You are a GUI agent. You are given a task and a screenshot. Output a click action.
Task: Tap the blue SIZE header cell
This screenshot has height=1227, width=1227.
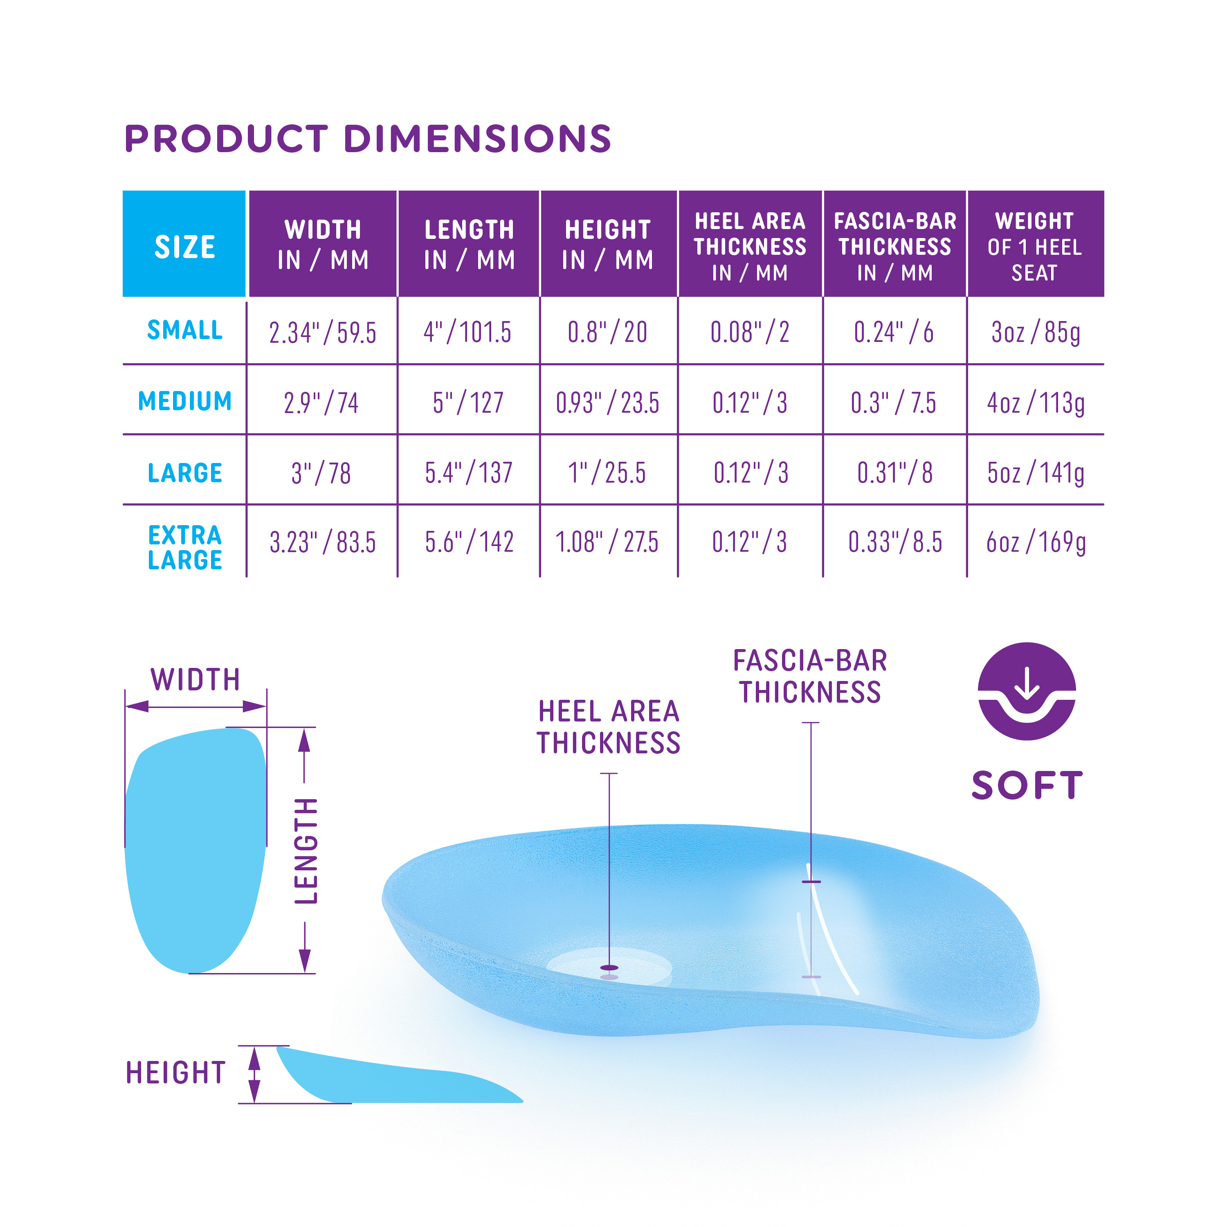(x=184, y=244)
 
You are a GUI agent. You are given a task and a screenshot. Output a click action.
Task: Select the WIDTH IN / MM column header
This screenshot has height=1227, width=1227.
(x=323, y=244)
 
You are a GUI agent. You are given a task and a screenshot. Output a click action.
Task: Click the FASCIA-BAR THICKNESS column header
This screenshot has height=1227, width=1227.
(x=895, y=246)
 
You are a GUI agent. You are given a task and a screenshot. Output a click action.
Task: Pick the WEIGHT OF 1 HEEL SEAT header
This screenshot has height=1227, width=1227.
(x=1035, y=246)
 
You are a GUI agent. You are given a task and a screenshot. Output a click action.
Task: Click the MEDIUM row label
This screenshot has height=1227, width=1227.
(x=185, y=401)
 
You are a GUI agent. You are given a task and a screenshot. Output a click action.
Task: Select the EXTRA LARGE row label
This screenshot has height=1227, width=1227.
(x=185, y=548)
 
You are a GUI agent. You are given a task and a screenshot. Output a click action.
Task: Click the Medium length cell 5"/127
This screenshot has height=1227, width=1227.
(x=468, y=402)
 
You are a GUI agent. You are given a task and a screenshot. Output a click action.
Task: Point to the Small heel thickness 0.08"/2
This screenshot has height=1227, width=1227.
(x=750, y=332)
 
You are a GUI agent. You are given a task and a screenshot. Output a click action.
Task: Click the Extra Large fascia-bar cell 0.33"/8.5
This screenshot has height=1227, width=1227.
(x=895, y=542)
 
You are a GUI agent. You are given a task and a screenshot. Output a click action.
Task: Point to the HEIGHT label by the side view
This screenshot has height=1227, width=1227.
(x=175, y=1073)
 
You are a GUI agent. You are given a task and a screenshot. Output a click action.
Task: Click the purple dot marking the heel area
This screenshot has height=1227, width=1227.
(x=609, y=968)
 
